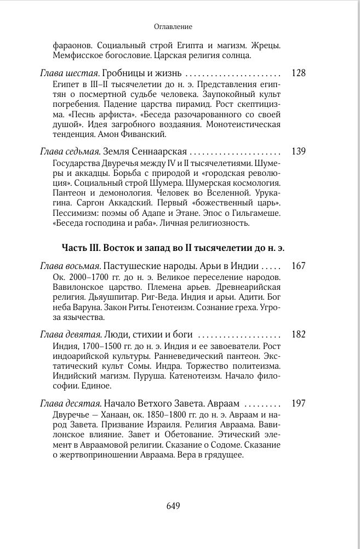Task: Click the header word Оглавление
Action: point(173,26)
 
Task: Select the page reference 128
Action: point(299,73)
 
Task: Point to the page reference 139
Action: point(299,151)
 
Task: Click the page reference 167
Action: point(299,266)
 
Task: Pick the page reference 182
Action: point(299,335)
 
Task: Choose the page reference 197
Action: point(299,403)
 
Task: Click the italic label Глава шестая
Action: point(66,73)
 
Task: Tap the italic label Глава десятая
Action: point(68,403)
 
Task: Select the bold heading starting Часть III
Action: point(173,248)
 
